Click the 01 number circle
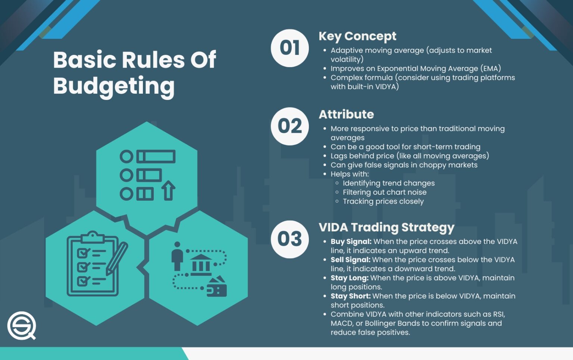pos(289,48)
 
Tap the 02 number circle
pos(289,126)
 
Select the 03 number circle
pos(289,239)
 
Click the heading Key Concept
pos(357,37)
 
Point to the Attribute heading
pos(346,115)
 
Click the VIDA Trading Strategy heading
pos(386,228)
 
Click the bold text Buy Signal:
pos(351,242)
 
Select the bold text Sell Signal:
pos(350,260)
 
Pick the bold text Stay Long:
pos(350,278)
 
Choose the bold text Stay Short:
pos(350,296)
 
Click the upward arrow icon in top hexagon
pos(168,190)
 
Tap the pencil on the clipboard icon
pos(117,259)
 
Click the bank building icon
pos(201,264)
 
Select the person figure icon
pos(177,256)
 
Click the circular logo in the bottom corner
pos(22,326)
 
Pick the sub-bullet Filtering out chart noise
pos(385,192)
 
